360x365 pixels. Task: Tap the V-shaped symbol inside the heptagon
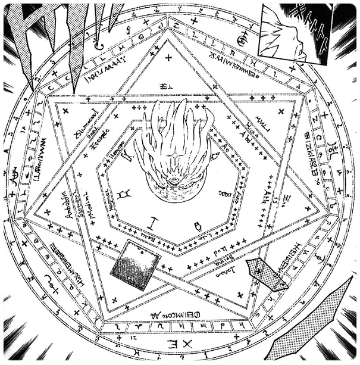click(126, 158)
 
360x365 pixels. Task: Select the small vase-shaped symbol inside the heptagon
click(198, 227)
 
